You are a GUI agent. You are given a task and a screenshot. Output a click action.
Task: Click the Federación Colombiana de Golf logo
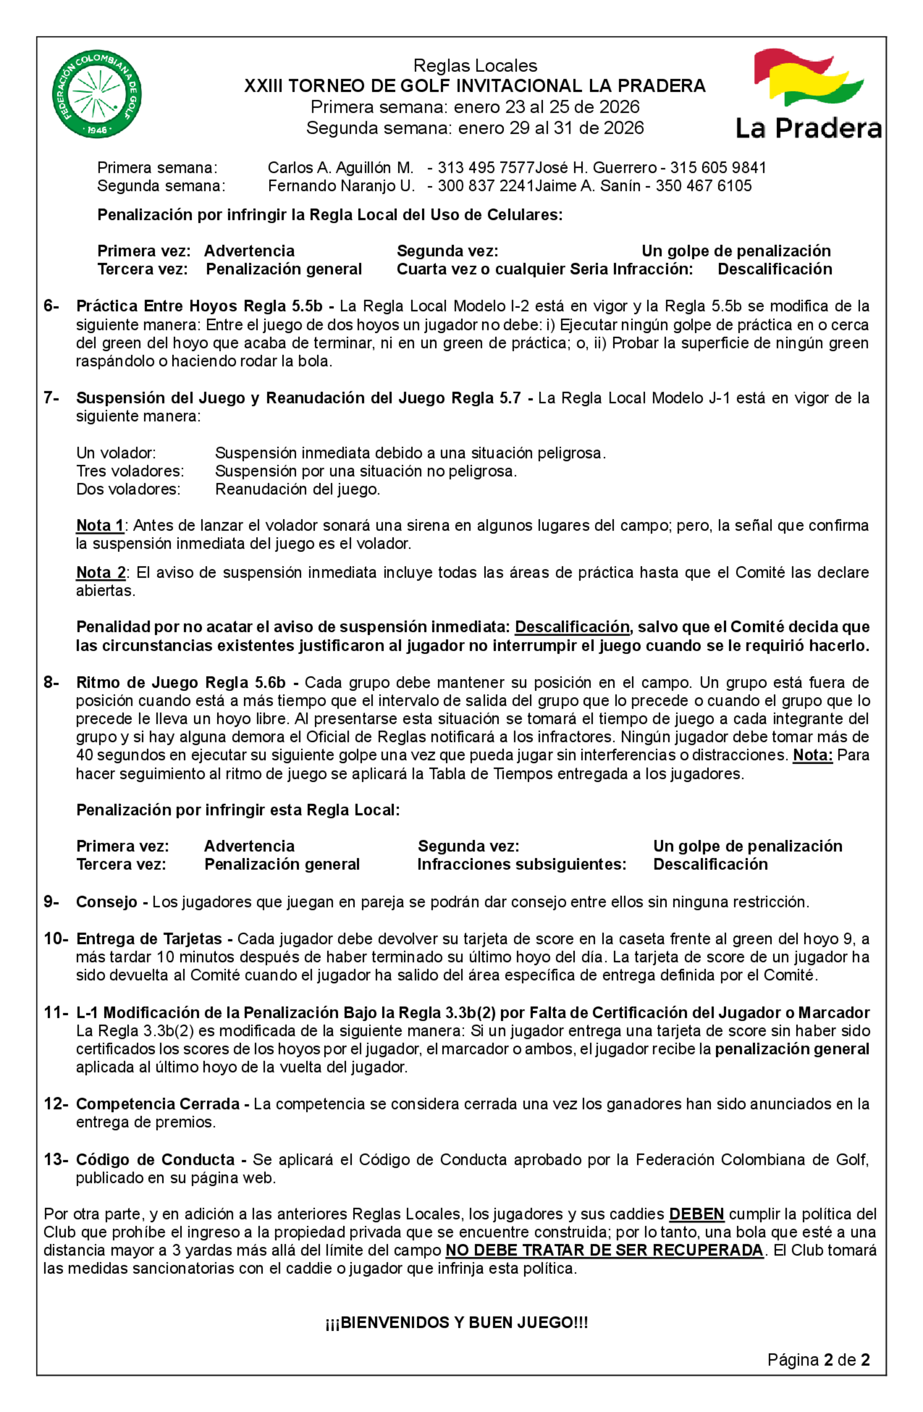pos(97,94)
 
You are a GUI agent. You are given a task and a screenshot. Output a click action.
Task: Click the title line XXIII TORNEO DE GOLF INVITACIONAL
pos(474,86)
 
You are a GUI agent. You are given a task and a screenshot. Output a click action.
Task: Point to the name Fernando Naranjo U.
pos(341,186)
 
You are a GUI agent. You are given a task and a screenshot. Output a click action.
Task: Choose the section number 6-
pos(51,306)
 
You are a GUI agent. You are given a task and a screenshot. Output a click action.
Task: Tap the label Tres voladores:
pos(130,471)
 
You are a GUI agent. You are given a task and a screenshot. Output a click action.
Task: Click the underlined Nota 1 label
pos(100,526)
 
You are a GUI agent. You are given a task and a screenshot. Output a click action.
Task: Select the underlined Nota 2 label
pos(101,572)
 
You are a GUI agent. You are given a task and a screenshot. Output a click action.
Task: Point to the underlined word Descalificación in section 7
pos(572,627)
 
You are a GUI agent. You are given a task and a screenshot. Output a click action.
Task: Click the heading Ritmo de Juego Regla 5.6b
pos(180,682)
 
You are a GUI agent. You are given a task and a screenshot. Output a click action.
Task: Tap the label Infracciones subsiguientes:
pos(521,865)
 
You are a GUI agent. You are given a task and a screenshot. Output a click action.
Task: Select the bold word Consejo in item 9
pos(107,902)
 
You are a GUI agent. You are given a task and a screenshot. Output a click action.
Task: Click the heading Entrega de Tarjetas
pos(149,939)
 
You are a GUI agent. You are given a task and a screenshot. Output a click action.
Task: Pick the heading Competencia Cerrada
pos(158,1104)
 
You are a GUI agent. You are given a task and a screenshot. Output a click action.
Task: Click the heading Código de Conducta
pos(156,1160)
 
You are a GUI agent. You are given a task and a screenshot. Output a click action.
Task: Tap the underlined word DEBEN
pos(696,1214)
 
